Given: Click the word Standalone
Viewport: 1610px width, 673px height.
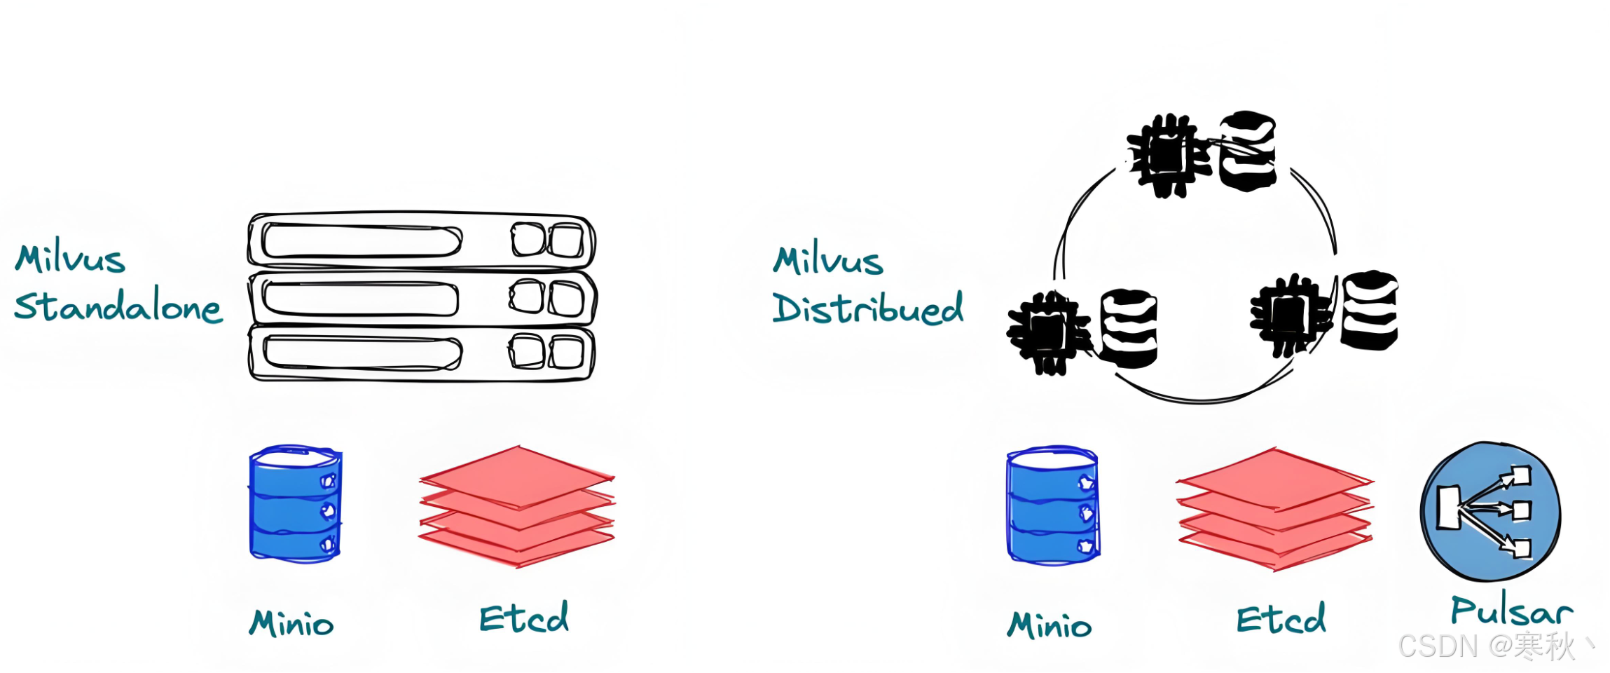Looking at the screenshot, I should (x=118, y=306).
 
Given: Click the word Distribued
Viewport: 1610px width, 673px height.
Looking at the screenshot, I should (x=867, y=308).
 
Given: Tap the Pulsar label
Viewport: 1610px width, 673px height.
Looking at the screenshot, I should (x=1511, y=611).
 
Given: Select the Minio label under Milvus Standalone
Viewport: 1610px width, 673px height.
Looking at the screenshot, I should (x=291, y=623).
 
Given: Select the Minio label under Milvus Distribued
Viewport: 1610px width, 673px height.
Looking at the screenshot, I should (x=1049, y=625).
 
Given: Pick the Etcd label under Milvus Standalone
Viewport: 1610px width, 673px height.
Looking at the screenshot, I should (x=524, y=618).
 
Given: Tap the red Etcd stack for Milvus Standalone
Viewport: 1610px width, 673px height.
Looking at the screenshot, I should (x=517, y=506).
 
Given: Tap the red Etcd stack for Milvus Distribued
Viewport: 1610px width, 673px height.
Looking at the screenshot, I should (x=1275, y=509).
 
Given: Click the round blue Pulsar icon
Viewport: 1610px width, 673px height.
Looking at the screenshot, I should (x=1490, y=511).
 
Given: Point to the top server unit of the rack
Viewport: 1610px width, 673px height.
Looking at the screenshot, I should (x=421, y=241).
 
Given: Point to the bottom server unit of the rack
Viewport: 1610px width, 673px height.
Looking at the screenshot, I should (x=421, y=353).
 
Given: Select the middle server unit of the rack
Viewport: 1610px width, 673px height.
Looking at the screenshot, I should (x=421, y=297).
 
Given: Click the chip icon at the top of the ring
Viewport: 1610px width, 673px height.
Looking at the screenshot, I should (x=1166, y=156).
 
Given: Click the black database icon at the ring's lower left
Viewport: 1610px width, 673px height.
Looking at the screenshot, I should (x=1128, y=328).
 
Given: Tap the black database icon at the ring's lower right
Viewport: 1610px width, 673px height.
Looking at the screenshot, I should (x=1368, y=310).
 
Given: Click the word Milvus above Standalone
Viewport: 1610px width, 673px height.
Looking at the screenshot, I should (x=70, y=259).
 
